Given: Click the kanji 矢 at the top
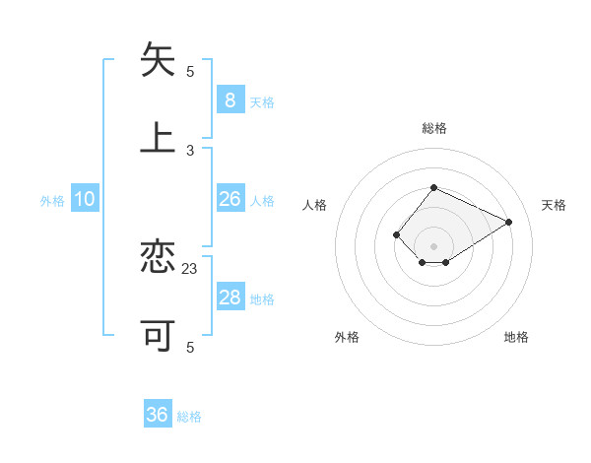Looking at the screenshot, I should coord(158,60).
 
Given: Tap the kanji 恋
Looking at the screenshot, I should coord(158,257).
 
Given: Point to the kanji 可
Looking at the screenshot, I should coord(158,336).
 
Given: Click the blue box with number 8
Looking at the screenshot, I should coord(230,100).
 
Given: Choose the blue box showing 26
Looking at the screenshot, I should coord(230,199).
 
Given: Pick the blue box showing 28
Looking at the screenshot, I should coord(230,298).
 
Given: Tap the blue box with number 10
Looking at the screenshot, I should coord(85,199).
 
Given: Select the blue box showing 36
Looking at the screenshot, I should coord(158,415).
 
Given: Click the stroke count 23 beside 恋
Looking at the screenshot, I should coord(190,268).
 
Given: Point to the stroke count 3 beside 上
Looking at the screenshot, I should coord(190,150).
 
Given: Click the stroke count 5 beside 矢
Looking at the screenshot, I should coord(190,71).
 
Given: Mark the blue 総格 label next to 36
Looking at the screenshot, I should coord(189,417).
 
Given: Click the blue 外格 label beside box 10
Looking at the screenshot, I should coord(52,201).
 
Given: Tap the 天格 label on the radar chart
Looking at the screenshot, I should coord(554,205).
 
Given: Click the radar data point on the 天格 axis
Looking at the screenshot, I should coord(509,222).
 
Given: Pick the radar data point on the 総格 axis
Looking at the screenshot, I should coord(433,187).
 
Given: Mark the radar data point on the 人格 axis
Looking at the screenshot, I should coord(396,234).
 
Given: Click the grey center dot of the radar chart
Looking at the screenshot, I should coord(433,246).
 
